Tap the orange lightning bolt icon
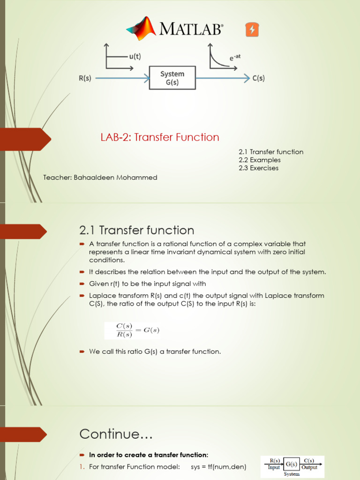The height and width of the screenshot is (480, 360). coord(252,30)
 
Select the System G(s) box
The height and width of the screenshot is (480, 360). coord(172,78)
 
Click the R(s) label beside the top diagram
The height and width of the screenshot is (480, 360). coord(84,79)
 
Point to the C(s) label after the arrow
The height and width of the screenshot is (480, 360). coord(258,79)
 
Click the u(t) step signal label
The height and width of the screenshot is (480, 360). coord(135,56)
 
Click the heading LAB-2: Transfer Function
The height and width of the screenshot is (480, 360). coord(159,137)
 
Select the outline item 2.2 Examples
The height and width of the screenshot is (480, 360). coord(259,160)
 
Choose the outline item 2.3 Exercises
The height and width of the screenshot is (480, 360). coord(258,168)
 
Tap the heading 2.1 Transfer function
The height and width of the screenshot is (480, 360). coord(136,230)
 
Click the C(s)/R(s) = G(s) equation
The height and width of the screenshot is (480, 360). coord(131,330)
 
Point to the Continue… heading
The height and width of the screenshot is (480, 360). coord(116,434)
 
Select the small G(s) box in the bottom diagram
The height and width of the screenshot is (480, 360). coord(291,464)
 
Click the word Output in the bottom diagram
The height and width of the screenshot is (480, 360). coord(309,467)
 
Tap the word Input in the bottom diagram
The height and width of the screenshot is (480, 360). coord(274,467)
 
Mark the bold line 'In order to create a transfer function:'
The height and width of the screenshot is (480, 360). coord(149,455)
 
